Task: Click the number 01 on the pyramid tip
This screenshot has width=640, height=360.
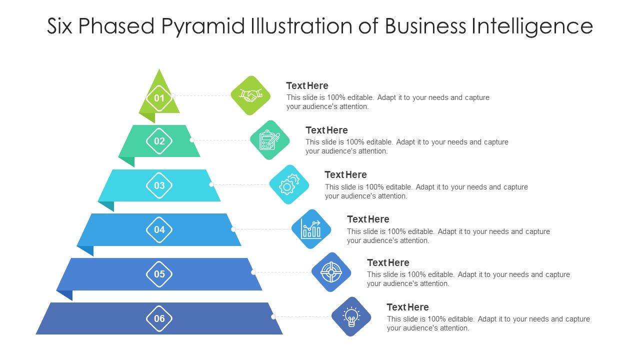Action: pyautogui.click(x=159, y=98)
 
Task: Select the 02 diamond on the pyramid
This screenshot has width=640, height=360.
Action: pyautogui.click(x=159, y=141)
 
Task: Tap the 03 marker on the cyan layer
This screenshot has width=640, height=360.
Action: pyautogui.click(x=159, y=185)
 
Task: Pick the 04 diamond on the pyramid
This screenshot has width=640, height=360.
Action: pyautogui.click(x=159, y=230)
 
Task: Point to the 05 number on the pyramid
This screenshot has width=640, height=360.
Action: pyautogui.click(x=159, y=274)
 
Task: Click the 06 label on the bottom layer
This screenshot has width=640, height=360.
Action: pyautogui.click(x=159, y=318)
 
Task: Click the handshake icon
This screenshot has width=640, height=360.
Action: pyautogui.click(x=250, y=95)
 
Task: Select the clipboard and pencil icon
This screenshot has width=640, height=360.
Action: pyautogui.click(x=269, y=140)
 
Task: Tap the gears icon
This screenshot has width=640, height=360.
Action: pyautogui.click(x=289, y=184)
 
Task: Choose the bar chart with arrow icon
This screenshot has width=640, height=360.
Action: pyautogui.click(x=311, y=229)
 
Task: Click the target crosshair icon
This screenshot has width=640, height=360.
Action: pyautogui.click(x=331, y=272)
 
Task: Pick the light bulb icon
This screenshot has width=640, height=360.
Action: pyautogui.click(x=351, y=316)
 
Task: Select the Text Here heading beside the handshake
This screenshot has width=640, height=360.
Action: pyautogui.click(x=307, y=85)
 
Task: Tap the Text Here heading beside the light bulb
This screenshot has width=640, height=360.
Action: pyautogui.click(x=407, y=307)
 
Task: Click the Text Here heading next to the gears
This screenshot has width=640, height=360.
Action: pyautogui.click(x=345, y=174)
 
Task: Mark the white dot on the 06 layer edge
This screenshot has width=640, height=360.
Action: pyautogui.click(x=273, y=316)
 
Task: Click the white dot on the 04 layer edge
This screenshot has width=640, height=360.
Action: pyautogui.click(x=233, y=229)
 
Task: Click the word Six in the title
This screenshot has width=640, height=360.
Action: pyautogui.click(x=60, y=26)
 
